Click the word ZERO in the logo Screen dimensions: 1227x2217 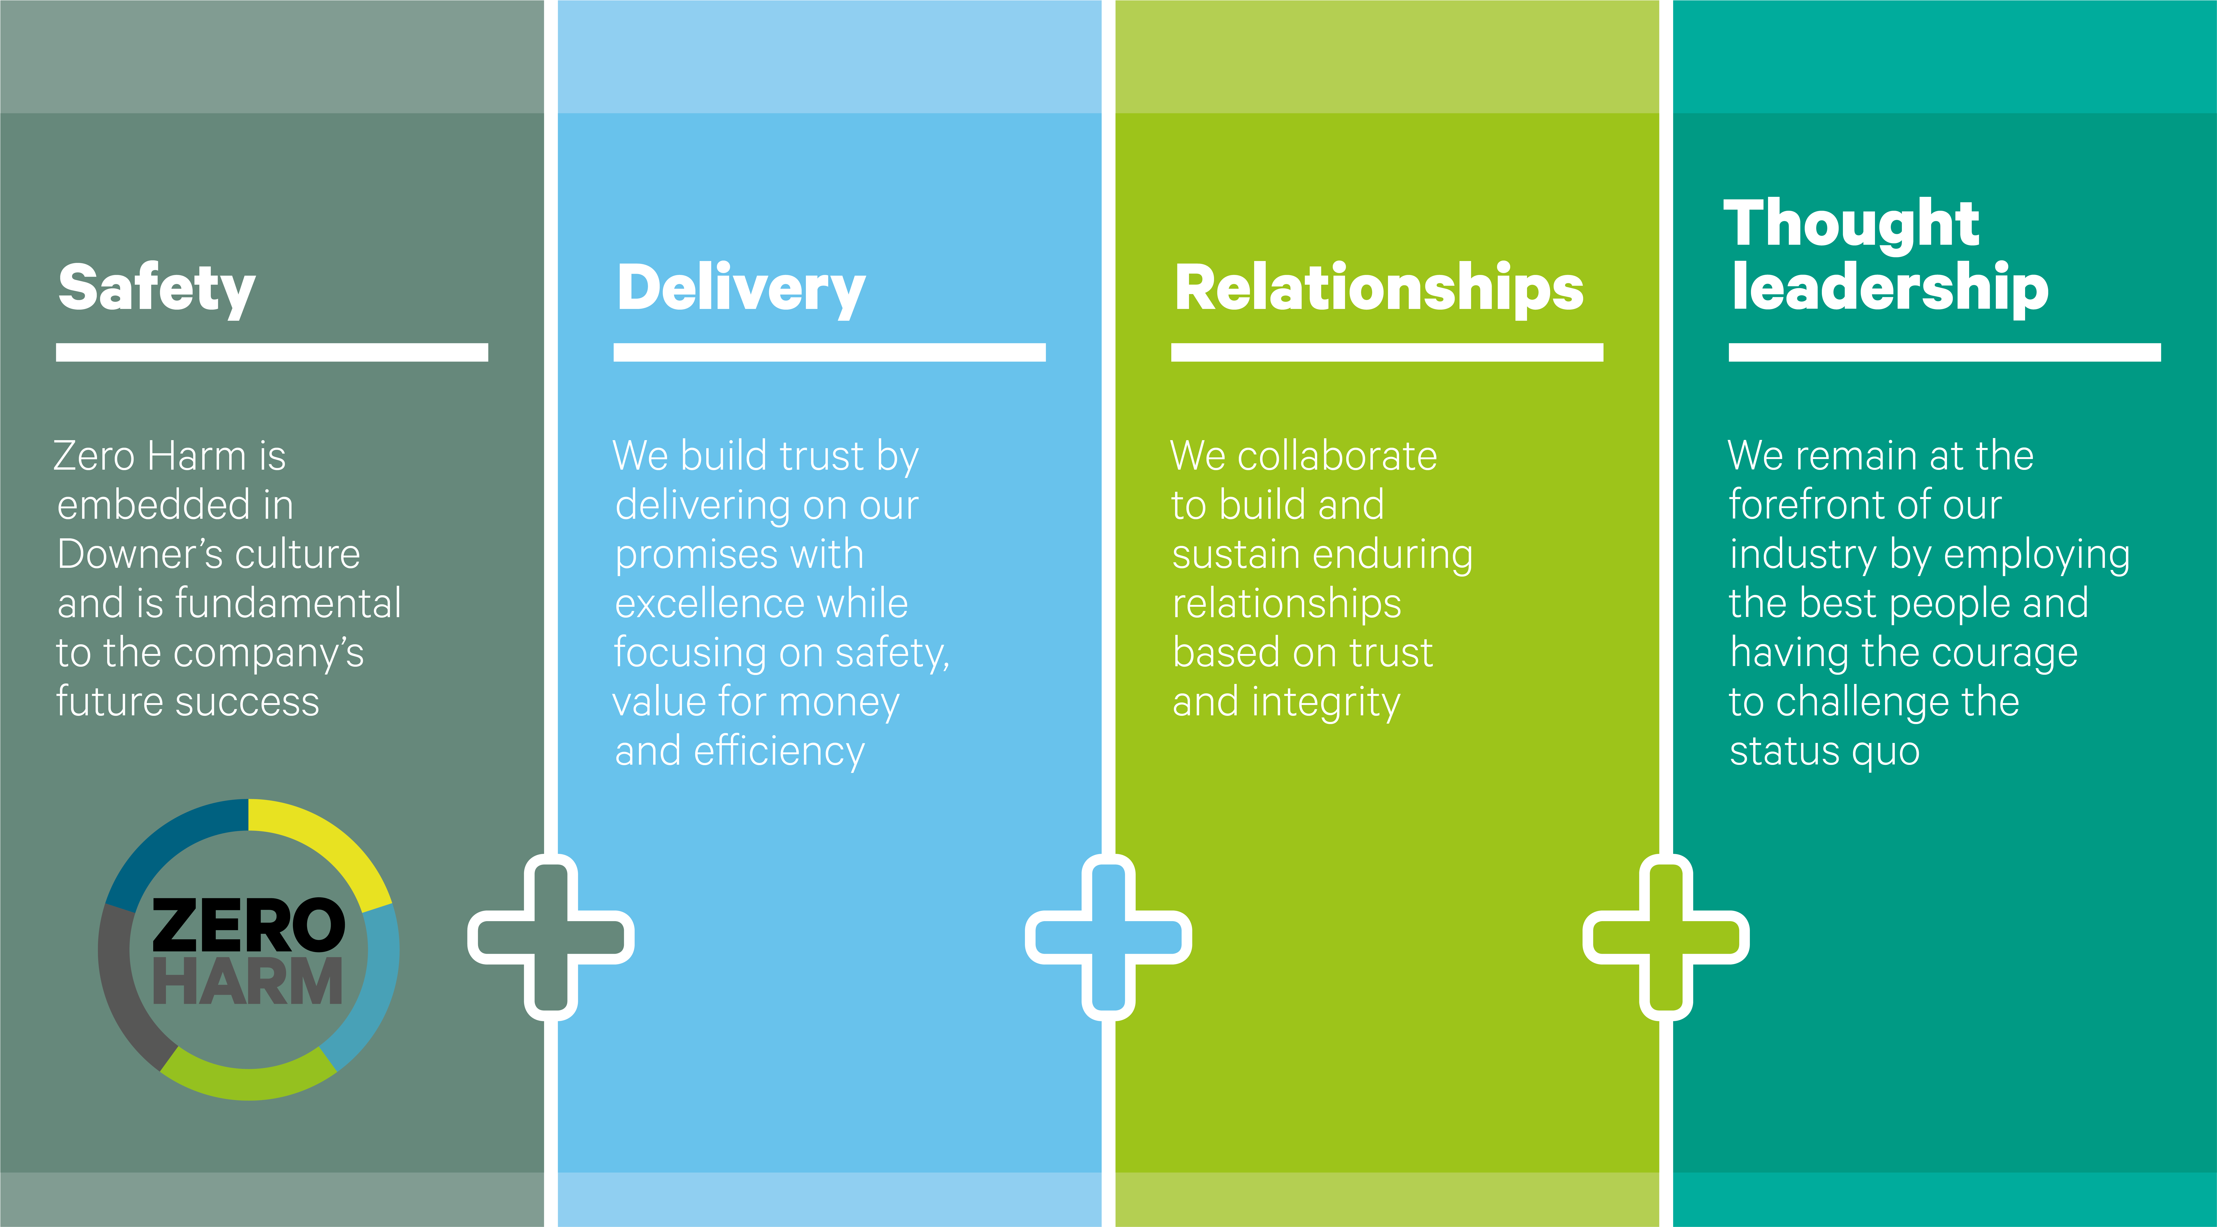coord(249,925)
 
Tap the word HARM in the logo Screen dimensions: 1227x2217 coord(249,982)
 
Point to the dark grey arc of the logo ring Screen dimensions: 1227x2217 coord(120,990)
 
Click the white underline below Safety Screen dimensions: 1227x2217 coord(272,352)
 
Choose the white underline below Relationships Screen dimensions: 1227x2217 coord(1387,352)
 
